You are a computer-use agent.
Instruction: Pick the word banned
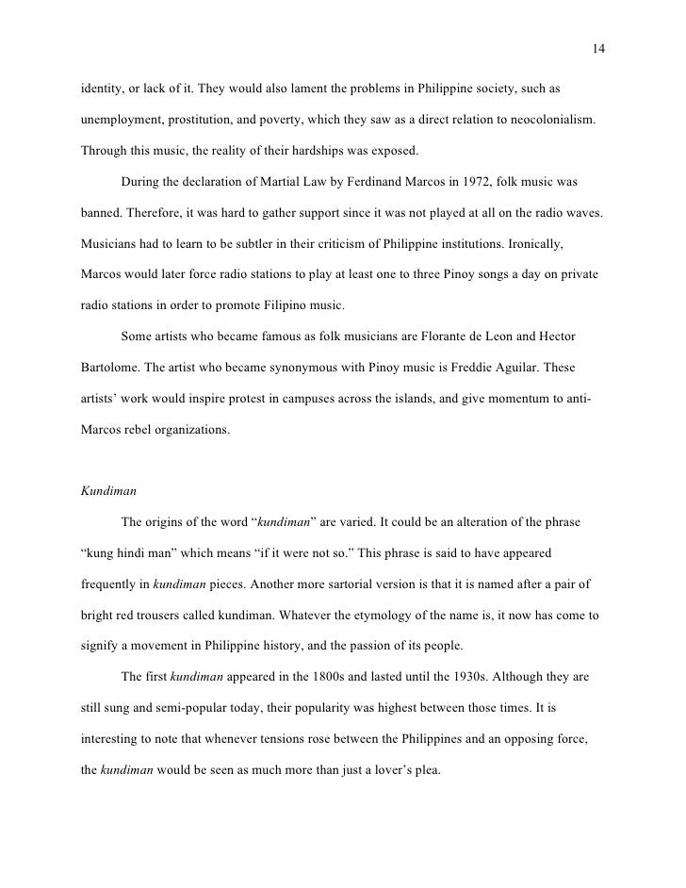point(101,212)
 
